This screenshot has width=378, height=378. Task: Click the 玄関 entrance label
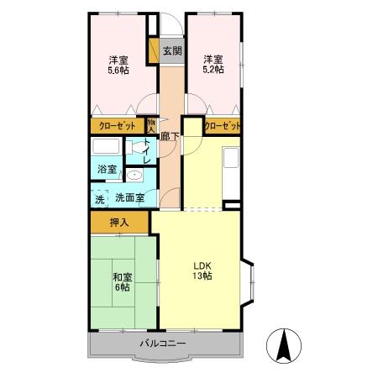point(172,50)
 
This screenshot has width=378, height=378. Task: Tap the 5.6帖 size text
point(118,70)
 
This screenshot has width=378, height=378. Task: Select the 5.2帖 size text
point(213,69)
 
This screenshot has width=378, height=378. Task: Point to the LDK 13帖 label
point(202,270)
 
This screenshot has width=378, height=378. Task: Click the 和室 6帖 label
point(123,282)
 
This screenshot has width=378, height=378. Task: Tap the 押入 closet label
point(119,223)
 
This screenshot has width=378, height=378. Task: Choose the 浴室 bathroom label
point(108,170)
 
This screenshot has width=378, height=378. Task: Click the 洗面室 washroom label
point(130,198)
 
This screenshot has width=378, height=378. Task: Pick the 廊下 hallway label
point(170,136)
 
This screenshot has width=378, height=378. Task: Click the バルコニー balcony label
point(163,343)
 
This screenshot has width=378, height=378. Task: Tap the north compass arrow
point(284,345)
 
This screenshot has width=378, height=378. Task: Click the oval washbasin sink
point(134,176)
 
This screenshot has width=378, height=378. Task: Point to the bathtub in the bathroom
point(106,146)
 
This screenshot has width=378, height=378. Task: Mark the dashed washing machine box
point(99,199)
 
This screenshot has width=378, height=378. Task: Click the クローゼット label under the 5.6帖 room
point(118,126)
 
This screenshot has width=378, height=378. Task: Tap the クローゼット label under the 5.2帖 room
point(223,126)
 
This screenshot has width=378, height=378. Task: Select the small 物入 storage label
point(151,126)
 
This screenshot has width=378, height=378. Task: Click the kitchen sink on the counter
point(231,158)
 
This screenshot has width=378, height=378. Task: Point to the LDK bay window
point(248,283)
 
